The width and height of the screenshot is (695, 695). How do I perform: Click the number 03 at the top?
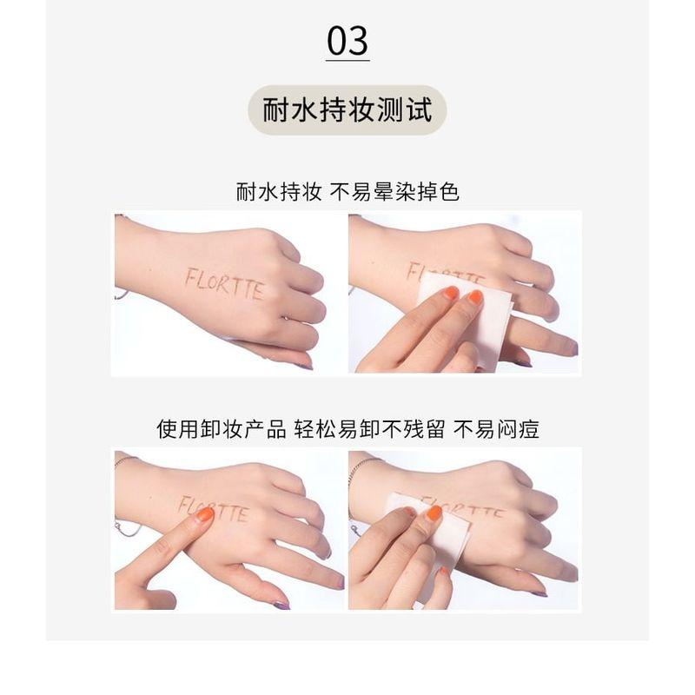347,40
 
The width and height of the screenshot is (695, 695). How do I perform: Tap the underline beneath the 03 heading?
347,60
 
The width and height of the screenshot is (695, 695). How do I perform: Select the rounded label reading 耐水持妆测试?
347,110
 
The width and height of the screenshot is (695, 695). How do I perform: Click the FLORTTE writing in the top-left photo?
224,284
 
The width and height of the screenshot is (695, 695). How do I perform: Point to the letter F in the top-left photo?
190,277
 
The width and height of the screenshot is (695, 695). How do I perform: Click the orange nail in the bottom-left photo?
205,514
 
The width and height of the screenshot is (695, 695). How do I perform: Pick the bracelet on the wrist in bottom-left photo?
124,460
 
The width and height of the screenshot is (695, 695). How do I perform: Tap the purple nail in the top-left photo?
306,366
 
